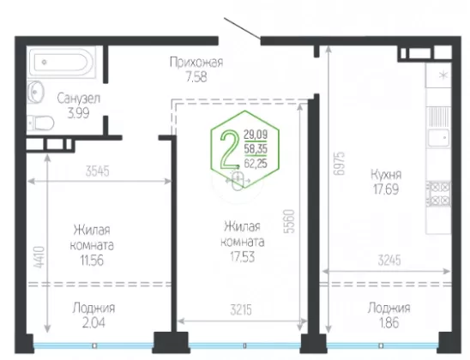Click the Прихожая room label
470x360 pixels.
click(x=196, y=63)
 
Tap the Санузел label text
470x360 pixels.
click(x=79, y=99)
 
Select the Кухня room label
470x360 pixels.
click(x=386, y=174)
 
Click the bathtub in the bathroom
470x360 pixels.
click(x=62, y=63)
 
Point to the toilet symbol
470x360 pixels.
click(x=40, y=123)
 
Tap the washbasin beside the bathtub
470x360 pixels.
click(x=35, y=92)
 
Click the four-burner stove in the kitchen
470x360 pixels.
click(x=438, y=194)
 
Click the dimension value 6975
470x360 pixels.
click(x=340, y=164)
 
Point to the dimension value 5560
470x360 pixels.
click(x=290, y=221)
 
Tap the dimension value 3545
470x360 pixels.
click(x=98, y=171)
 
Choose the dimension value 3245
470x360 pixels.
click(x=389, y=261)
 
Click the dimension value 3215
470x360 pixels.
click(x=241, y=310)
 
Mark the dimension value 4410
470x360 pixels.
click(x=39, y=257)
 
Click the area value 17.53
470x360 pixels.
click(x=242, y=257)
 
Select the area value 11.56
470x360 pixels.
click(x=92, y=261)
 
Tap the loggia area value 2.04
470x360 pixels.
click(x=93, y=323)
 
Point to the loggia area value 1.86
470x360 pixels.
click(x=389, y=323)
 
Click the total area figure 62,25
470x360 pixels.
click(x=256, y=164)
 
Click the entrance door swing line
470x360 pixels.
click(x=242, y=29)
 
